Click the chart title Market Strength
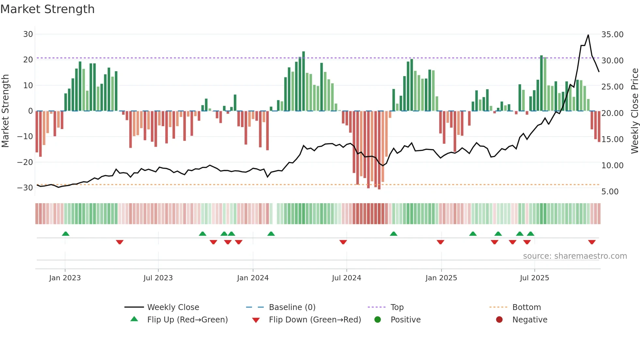pos(48,9)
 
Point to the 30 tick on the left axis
pos(28,34)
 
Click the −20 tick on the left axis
pos(25,162)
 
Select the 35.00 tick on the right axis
pos(612,35)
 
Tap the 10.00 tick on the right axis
pos(612,166)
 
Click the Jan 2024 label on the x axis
pos(253,278)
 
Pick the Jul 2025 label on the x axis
pos(534,278)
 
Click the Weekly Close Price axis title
pos(634,111)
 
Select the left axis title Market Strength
pos(6,111)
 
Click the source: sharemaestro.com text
pos(575,256)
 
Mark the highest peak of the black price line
pos(588,35)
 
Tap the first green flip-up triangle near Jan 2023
pos(66,234)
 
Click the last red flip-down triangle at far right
pos(592,242)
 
